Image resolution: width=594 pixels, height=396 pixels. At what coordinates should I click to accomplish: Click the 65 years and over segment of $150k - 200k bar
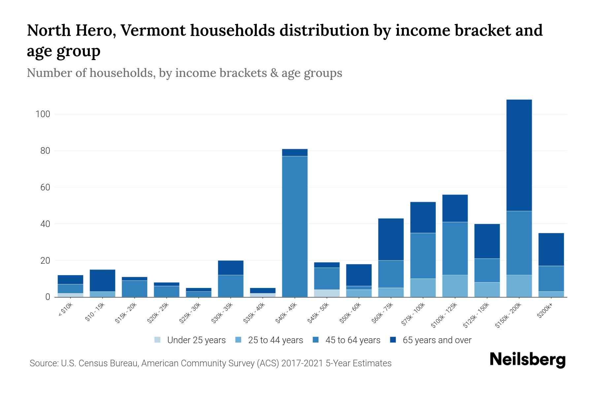[x=519, y=155]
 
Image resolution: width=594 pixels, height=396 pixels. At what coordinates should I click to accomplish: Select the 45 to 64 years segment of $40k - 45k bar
[x=295, y=226]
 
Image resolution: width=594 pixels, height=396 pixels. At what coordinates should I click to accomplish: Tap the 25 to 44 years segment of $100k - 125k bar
[x=455, y=286]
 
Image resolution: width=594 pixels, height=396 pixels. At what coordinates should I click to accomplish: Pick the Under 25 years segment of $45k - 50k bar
[x=327, y=293]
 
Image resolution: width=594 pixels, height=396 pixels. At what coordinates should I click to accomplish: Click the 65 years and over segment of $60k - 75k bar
[x=391, y=239]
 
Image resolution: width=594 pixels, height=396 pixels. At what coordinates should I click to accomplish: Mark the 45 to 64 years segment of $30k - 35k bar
[x=231, y=286]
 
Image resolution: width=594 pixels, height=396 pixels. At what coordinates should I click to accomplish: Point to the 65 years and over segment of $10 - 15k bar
[x=102, y=280]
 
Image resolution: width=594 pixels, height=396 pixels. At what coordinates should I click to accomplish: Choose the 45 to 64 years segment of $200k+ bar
[x=551, y=279]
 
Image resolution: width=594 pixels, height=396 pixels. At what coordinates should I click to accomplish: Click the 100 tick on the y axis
[x=43, y=114]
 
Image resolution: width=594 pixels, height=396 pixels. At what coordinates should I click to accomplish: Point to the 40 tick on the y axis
[x=45, y=224]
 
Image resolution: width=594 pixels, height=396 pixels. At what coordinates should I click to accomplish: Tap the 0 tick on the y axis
[x=48, y=297]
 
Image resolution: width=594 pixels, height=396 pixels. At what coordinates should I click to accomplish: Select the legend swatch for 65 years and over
[x=393, y=340]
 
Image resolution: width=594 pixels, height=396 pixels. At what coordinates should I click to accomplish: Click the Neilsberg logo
[x=527, y=360]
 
